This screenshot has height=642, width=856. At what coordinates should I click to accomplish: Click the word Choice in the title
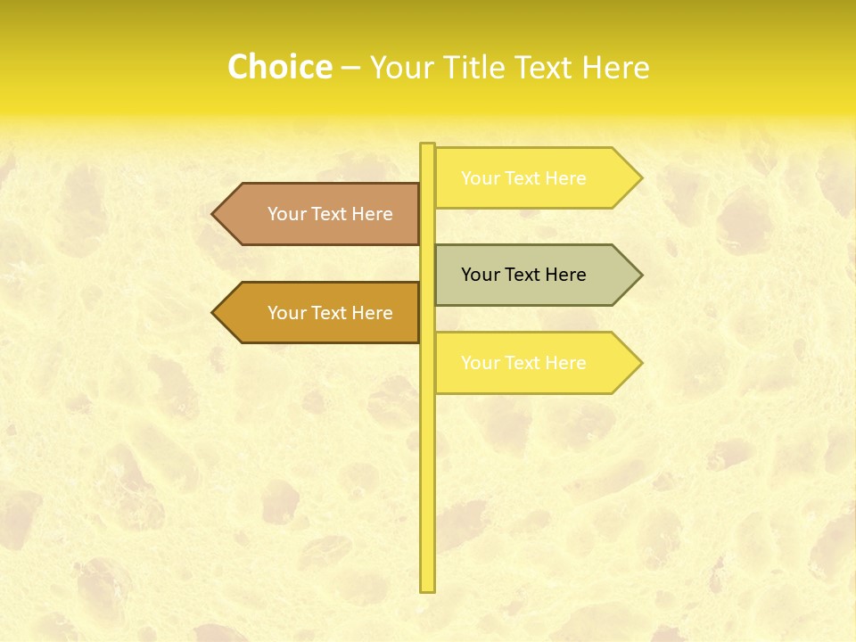[x=279, y=67]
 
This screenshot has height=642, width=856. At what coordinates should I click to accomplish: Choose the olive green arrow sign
[x=535, y=275]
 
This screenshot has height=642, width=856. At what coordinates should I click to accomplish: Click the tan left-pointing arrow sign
[x=321, y=214]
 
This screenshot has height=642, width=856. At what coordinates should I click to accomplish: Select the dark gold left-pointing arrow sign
[x=321, y=312]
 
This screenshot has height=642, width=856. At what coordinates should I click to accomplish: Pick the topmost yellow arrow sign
[x=535, y=178]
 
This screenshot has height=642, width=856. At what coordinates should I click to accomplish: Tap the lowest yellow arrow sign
[x=535, y=363]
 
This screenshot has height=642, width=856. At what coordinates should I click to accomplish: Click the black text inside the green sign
[x=523, y=275]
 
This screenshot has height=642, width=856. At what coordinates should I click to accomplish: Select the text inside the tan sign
[x=330, y=214]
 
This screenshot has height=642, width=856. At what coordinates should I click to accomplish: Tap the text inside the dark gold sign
[x=330, y=313]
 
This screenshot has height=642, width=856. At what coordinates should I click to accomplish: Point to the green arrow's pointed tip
[x=640, y=275]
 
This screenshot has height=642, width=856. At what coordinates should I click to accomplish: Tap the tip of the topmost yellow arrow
[x=640, y=178]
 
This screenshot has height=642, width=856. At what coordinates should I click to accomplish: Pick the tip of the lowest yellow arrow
[x=640, y=363]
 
